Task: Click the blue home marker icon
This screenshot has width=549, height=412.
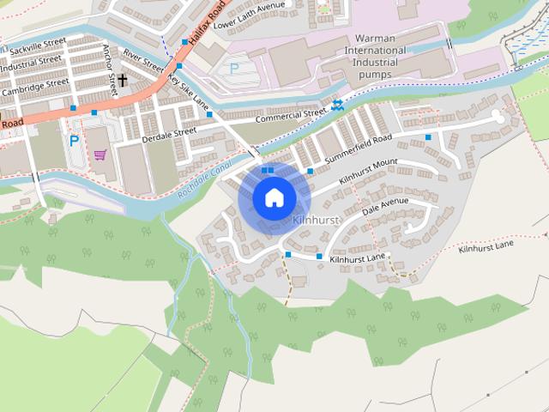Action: [x=274, y=197]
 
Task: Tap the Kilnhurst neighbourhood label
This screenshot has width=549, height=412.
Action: [x=317, y=221]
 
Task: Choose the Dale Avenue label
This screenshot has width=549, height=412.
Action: [x=385, y=207]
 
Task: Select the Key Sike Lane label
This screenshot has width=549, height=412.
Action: [x=188, y=90]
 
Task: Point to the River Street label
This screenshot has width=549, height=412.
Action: [x=142, y=59]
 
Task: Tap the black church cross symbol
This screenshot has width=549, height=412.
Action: [x=122, y=81]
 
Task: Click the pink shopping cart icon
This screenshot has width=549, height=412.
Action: [x=100, y=154]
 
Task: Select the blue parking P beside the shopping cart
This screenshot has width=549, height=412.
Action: [x=75, y=140]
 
